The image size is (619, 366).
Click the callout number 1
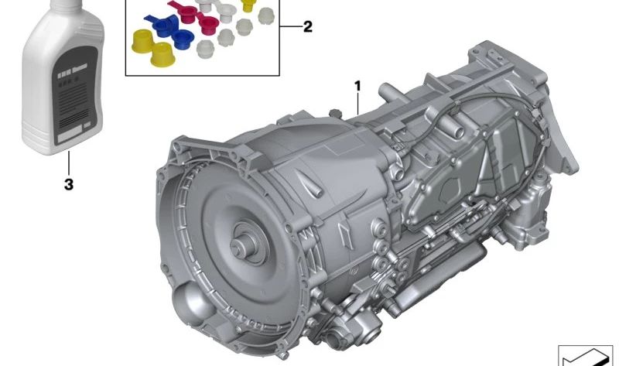(357, 86)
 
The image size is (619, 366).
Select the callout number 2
(307, 27)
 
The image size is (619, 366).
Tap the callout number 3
(69, 184)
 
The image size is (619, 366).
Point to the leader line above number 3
(69, 163)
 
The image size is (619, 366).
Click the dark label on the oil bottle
(75, 95)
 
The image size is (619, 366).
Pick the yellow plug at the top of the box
(248, 5)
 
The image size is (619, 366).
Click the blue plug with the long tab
(162, 25)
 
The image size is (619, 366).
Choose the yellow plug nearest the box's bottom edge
(162, 54)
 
